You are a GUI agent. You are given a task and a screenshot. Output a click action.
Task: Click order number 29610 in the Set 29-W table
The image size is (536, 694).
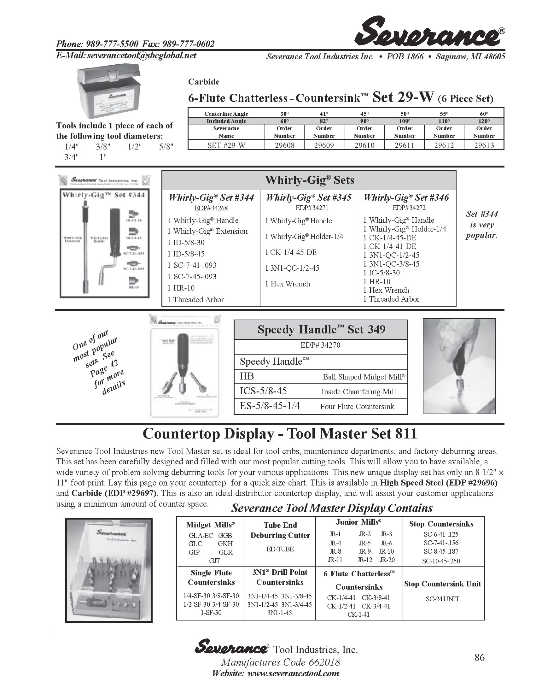364,145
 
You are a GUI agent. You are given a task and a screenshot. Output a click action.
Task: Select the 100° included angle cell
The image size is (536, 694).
404,121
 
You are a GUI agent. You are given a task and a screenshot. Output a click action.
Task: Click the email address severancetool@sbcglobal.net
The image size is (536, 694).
142,56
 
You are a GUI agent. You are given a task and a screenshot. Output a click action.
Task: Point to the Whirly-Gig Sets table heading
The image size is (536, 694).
309,180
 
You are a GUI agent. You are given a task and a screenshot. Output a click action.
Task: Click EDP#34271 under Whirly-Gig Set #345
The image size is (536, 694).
312,208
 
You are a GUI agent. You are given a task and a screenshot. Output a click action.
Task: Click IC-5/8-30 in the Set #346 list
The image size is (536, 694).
384,273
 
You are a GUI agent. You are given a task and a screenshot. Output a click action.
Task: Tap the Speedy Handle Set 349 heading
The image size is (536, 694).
321,330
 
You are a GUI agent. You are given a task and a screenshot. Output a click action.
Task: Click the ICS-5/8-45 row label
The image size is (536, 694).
263,391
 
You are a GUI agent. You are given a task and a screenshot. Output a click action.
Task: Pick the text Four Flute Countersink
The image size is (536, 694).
357,406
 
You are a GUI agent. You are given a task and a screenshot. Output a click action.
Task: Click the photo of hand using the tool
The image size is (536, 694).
459,366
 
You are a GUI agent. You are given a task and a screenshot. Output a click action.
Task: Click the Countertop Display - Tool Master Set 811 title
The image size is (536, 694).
279,434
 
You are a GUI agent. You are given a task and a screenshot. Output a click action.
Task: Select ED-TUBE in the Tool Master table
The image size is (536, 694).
280,549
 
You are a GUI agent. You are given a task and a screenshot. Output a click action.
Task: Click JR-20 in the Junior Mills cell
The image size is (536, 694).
387,560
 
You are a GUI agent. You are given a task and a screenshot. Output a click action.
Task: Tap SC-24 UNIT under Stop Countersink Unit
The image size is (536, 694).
442,599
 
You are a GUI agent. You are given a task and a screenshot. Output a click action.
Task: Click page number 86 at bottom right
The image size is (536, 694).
480,657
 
